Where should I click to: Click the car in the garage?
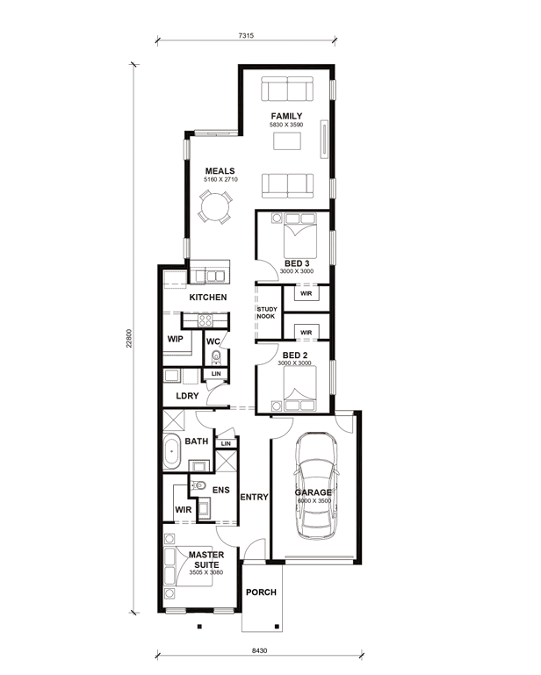(316, 485)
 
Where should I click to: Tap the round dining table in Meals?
(215, 207)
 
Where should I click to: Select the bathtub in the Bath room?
(172, 451)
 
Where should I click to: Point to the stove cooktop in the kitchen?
(205, 320)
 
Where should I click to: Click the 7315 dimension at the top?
(246, 36)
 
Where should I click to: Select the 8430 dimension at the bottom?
(259, 650)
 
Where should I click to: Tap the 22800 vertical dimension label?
(129, 338)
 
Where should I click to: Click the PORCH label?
(261, 592)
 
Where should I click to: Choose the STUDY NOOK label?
(267, 312)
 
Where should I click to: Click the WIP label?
(176, 339)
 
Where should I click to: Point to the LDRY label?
(187, 396)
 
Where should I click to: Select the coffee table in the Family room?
(287, 141)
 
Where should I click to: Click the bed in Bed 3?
(300, 235)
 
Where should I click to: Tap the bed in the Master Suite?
(188, 566)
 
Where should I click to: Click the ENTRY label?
(254, 497)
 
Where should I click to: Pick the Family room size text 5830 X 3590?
(286, 125)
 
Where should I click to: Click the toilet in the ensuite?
(198, 485)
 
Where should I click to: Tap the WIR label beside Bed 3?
(307, 293)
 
